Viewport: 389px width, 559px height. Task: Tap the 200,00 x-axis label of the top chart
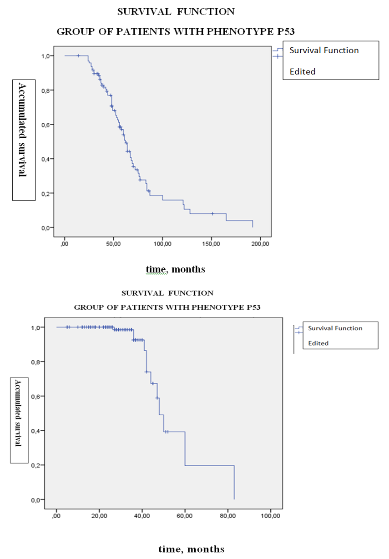point(261,244)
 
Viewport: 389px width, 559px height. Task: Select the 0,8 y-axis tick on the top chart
point(45,90)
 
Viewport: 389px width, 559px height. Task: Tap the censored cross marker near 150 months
point(212,214)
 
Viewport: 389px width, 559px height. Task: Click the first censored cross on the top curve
point(78,55)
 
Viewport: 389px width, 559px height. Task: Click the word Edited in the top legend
point(303,71)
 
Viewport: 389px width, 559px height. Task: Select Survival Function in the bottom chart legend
point(335,328)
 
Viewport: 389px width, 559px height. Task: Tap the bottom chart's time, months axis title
point(191,549)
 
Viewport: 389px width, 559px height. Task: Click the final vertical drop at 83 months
point(234,482)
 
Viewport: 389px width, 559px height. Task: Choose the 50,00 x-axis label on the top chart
point(113,244)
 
